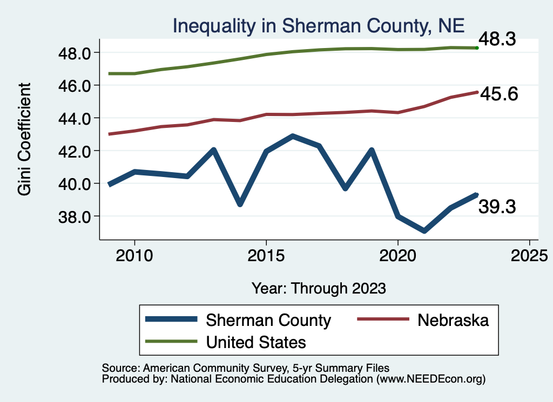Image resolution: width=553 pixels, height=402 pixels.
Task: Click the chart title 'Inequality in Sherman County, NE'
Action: (x=318, y=25)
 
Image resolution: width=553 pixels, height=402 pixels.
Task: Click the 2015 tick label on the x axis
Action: (x=266, y=255)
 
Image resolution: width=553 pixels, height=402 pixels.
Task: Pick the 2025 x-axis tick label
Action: (x=529, y=255)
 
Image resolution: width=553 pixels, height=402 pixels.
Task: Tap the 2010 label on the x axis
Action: (x=134, y=255)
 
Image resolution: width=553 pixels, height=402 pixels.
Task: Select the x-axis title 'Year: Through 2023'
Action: (x=319, y=288)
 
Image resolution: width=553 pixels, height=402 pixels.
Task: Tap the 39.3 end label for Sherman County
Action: (x=497, y=206)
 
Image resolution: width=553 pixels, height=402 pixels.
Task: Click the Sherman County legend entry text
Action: (x=268, y=320)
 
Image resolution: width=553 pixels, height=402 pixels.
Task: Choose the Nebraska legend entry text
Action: (x=453, y=320)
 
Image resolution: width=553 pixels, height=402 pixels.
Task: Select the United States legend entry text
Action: (x=255, y=342)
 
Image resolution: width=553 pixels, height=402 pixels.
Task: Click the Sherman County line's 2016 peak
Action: (x=293, y=137)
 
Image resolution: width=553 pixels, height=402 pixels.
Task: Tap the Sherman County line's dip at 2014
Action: (x=240, y=204)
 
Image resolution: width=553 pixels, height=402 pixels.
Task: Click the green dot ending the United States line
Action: (x=477, y=48)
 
